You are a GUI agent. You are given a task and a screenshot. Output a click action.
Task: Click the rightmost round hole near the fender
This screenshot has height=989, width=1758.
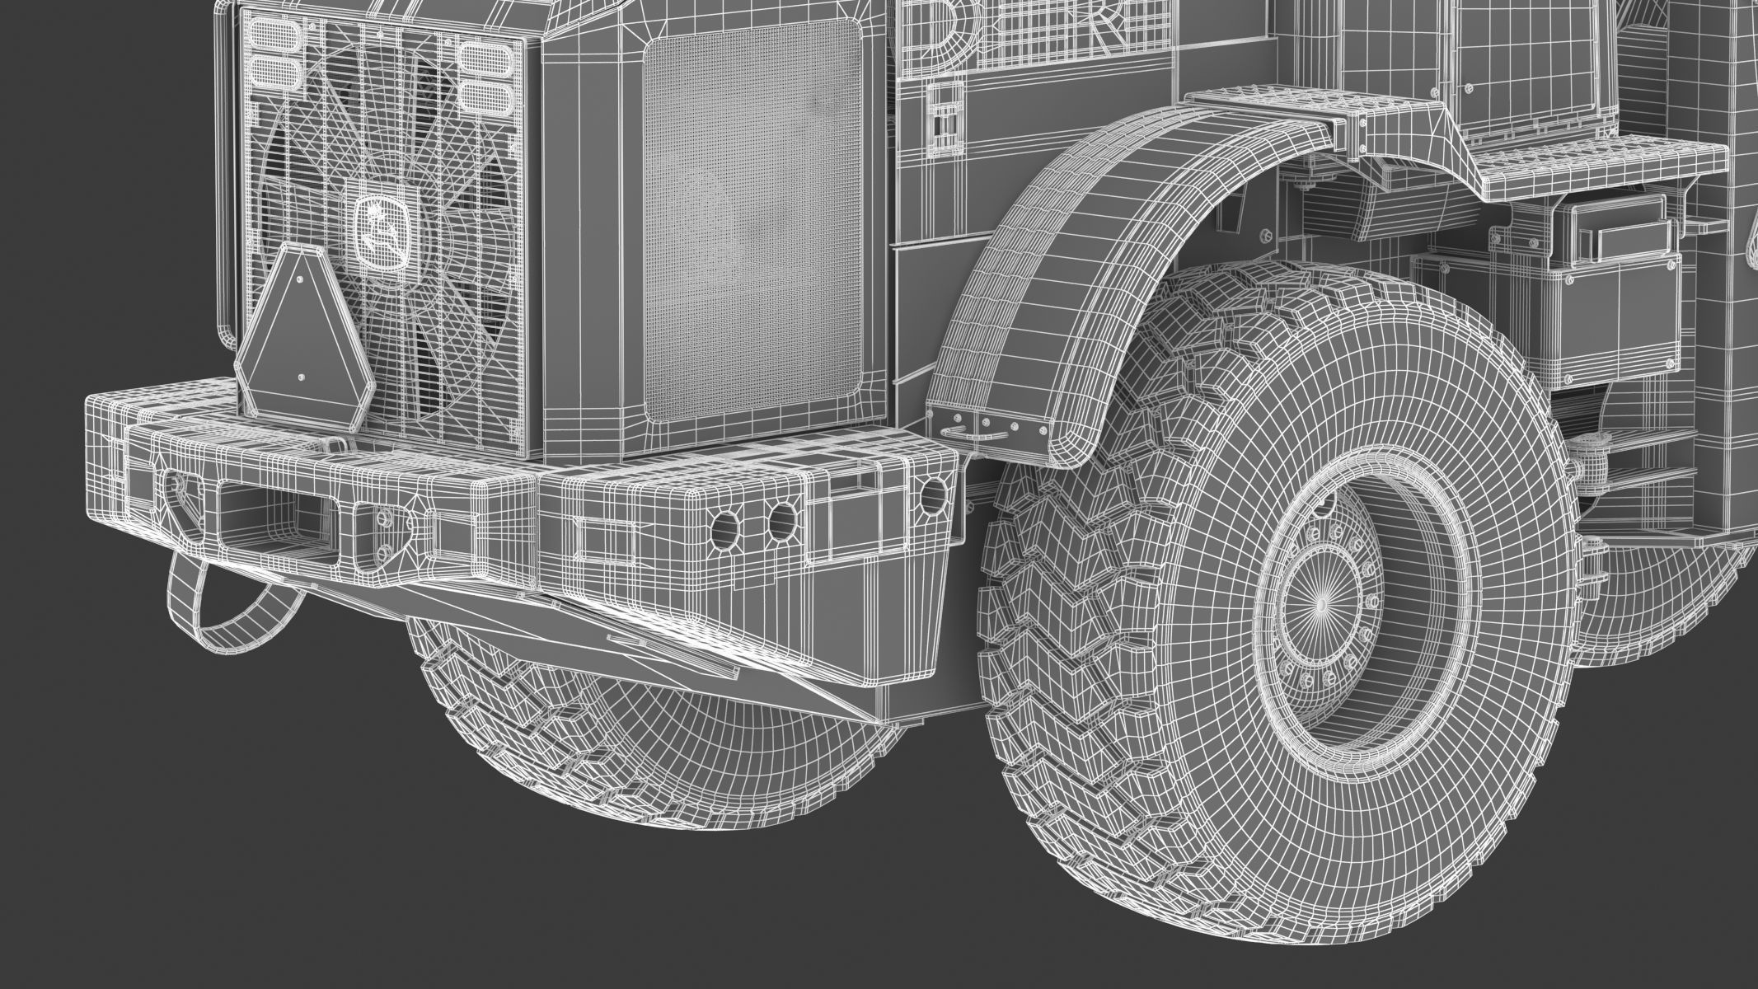coord(933,494)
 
